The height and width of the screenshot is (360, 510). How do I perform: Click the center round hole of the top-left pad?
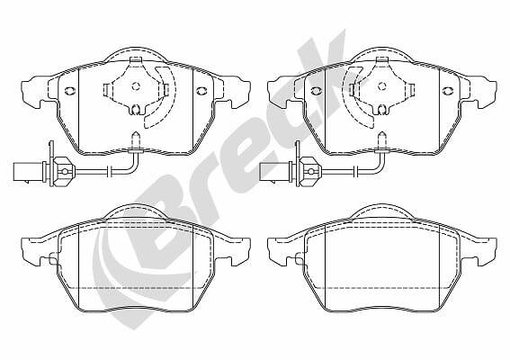pos(136,86)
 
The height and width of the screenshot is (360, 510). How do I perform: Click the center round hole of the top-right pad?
pos(382,86)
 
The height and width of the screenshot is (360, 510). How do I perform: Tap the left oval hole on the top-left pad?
pos(70,91)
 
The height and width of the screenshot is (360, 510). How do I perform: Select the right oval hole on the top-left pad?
pos(201,91)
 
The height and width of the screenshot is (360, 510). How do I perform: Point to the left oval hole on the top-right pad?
pos(316,91)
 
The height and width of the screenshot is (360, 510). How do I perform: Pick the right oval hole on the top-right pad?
pos(448,91)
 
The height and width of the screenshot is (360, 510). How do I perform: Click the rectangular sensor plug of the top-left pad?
pos(22,171)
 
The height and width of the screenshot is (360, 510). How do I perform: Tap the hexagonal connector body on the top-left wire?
pos(64,172)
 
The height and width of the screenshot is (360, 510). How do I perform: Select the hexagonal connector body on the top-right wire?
pos(310,172)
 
